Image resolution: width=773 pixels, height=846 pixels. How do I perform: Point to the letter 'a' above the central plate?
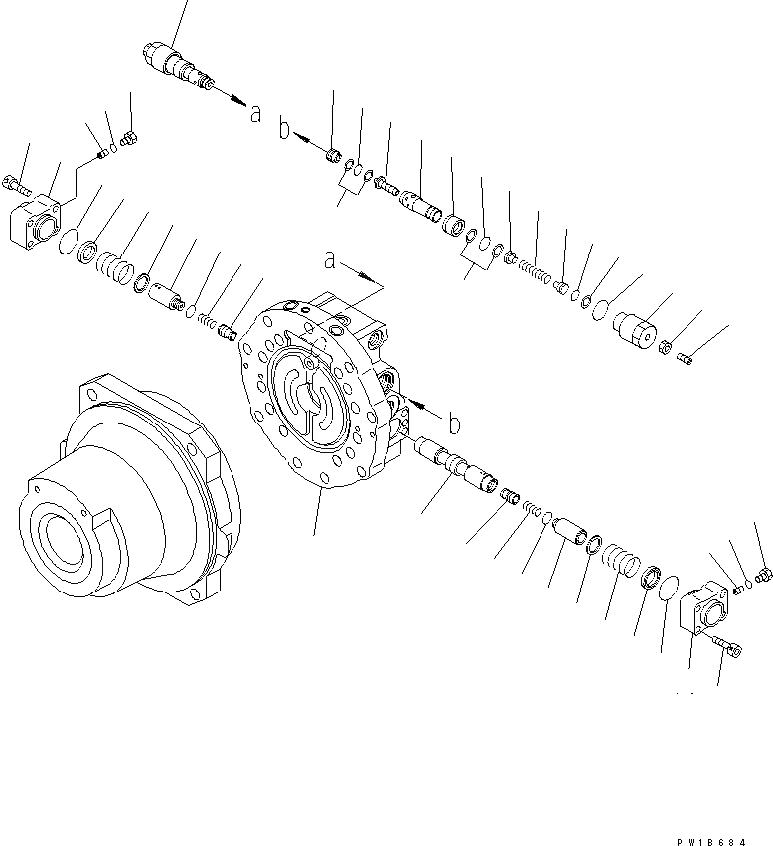(329, 261)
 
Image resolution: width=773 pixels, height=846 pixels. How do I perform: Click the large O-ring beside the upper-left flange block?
(67, 242)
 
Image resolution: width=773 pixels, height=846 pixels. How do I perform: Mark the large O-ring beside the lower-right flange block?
(671, 587)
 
